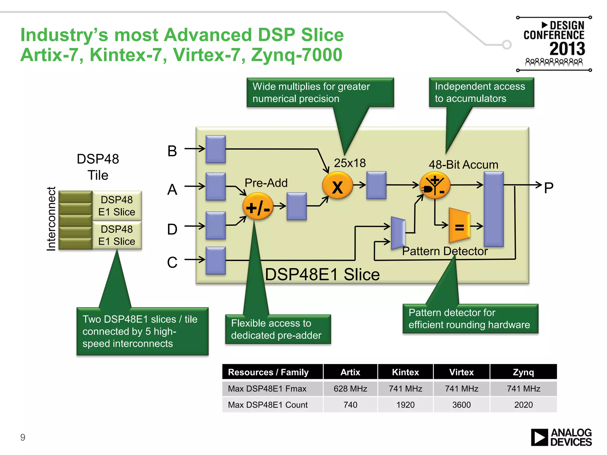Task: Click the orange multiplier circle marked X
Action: pos(337,186)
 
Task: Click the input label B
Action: pos(172,151)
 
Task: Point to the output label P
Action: pos(548,188)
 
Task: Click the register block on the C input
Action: pos(215,260)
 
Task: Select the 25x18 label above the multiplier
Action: pos(350,163)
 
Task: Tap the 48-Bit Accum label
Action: pos(463,164)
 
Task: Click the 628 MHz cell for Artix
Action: pos(350,388)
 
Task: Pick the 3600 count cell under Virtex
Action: pos(461,405)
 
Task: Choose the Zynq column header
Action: pos(523,372)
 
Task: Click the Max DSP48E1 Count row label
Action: pos(268,405)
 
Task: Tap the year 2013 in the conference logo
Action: pos(567,49)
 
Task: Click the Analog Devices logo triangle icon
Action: pos(539,437)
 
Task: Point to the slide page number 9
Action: pos(23,437)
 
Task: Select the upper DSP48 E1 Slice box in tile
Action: pos(117,206)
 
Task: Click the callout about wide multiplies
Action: pos(320,92)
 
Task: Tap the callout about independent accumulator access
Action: pos(481,92)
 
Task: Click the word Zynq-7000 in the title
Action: pos(296,55)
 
